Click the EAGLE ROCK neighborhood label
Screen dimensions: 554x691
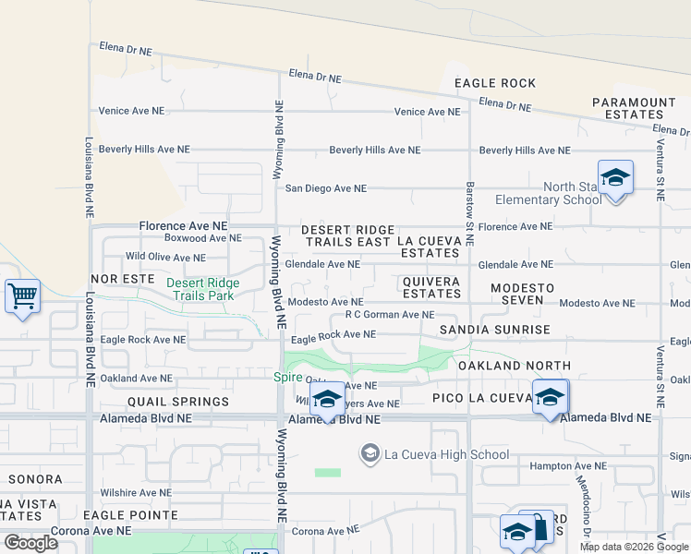pos(495,83)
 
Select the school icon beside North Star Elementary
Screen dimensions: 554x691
pos(614,176)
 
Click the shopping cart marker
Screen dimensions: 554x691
pos(22,296)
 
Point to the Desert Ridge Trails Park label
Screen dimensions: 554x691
pos(202,289)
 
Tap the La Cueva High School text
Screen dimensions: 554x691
pos(446,454)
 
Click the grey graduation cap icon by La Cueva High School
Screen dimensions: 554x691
pos(370,452)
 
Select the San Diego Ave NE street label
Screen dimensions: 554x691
pos(325,188)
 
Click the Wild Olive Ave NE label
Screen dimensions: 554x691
pos(165,258)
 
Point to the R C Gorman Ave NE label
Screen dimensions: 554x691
pos(389,315)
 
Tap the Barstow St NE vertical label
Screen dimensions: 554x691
pos(469,212)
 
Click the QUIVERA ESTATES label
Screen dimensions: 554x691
pos(431,287)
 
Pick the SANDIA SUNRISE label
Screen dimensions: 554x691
pos(494,330)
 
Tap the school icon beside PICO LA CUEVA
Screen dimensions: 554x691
pos(550,397)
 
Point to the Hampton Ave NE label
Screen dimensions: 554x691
pos(568,466)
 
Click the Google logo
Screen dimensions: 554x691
pos(31,542)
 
